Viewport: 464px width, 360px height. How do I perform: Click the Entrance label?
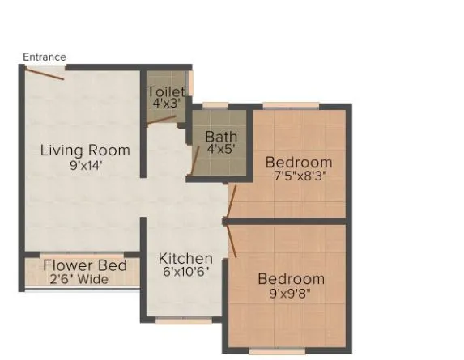tap(45, 57)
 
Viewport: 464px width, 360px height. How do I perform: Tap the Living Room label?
tap(85, 150)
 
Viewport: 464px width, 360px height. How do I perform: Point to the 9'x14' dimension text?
tap(85, 165)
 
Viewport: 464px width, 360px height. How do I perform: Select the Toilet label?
tap(166, 92)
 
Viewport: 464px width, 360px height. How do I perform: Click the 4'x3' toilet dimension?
tap(166, 104)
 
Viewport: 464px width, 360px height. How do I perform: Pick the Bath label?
tap(220, 137)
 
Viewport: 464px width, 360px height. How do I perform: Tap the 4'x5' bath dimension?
tap(220, 150)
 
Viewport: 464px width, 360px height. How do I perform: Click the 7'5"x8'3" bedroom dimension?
tap(299, 176)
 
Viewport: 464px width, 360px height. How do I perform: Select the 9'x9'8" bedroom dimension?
tap(291, 293)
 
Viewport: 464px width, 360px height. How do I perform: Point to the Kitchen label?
tap(185, 259)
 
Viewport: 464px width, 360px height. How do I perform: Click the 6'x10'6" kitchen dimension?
tap(185, 272)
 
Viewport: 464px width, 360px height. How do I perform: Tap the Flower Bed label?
tap(84, 266)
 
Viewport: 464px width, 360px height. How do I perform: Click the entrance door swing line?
tap(44, 73)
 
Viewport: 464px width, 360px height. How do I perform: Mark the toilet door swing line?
tap(163, 120)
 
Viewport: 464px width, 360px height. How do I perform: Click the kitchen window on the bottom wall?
tap(183, 320)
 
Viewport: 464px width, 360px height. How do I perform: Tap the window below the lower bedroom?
tap(278, 351)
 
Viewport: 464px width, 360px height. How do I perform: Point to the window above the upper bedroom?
tap(289, 105)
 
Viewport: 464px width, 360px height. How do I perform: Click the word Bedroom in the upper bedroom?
tap(299, 163)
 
